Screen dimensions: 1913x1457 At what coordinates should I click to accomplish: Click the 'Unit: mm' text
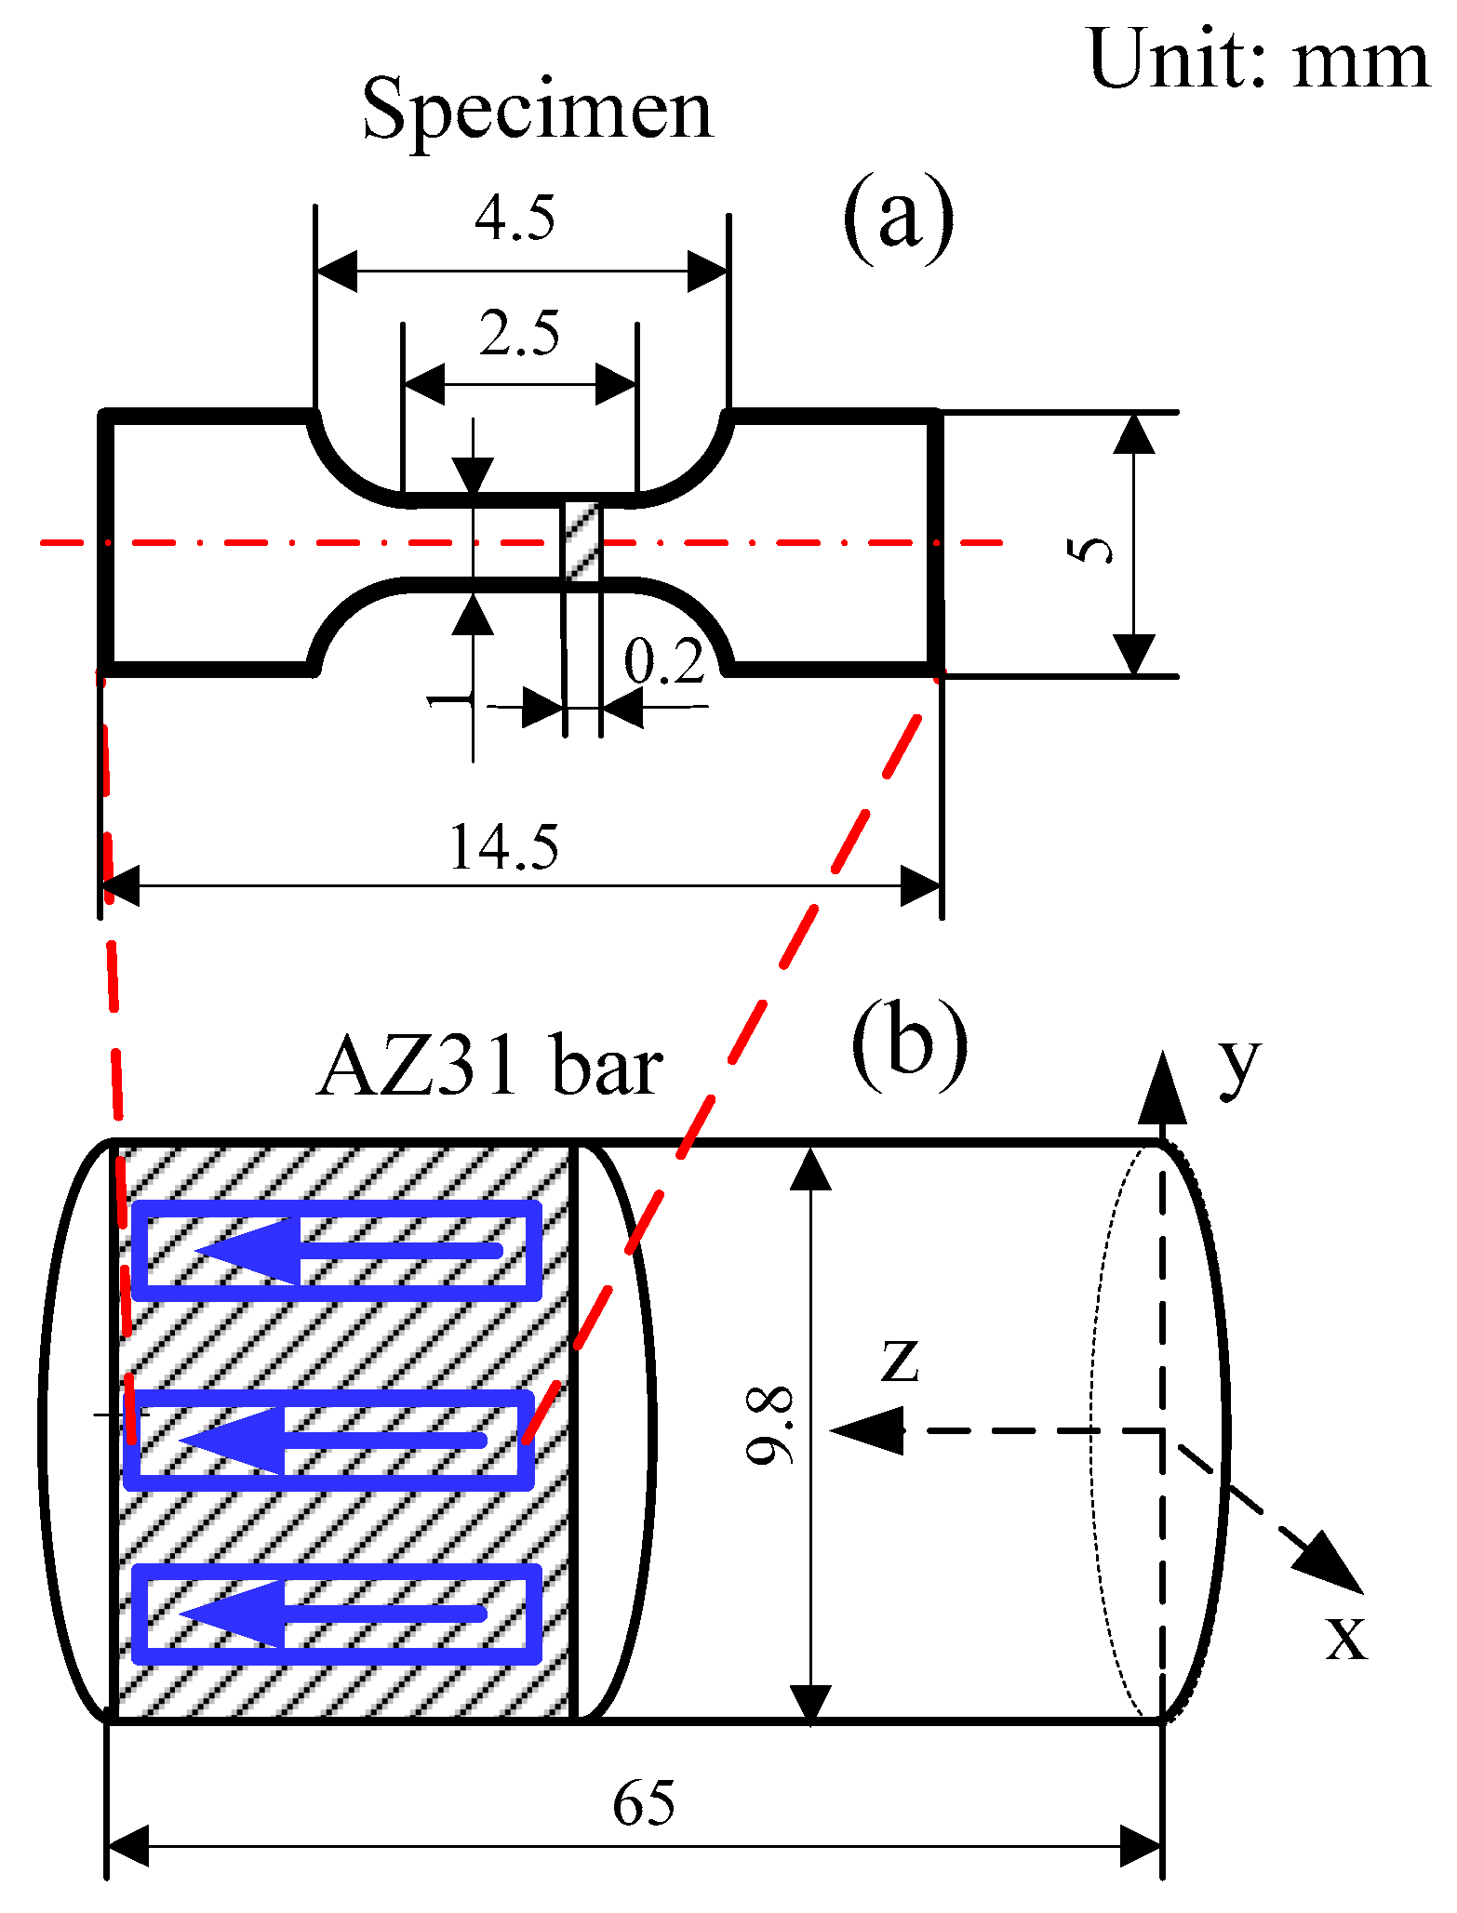(x=1258, y=60)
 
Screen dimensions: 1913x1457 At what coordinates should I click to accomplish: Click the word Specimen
(x=538, y=110)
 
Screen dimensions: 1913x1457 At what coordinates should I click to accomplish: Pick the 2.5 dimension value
(x=519, y=334)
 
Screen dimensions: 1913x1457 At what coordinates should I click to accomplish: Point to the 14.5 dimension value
(x=503, y=847)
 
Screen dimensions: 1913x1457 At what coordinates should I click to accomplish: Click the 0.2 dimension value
(x=663, y=662)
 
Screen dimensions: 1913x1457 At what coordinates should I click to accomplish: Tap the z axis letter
(x=900, y=1360)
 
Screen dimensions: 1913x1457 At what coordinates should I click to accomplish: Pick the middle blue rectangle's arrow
(x=332, y=1441)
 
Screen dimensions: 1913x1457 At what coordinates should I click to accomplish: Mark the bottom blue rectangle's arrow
(x=332, y=1614)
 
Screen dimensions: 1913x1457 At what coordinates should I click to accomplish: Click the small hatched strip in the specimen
(x=582, y=542)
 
